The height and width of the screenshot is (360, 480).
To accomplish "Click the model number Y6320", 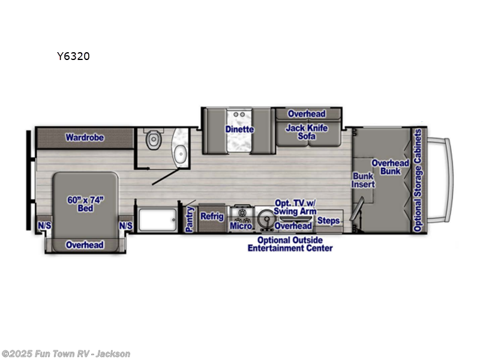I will point(73,56).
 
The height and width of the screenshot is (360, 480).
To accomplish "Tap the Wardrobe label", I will point(85,137).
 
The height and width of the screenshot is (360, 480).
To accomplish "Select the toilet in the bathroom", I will point(154,140).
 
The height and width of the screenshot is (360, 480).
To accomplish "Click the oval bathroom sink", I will point(178,148).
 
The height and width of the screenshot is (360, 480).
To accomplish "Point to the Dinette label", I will point(239,129).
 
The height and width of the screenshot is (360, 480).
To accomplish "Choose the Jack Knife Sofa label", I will point(307,132).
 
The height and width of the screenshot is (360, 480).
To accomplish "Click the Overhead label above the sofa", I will point(306,114).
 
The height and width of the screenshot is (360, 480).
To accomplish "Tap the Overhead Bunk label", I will point(390,167).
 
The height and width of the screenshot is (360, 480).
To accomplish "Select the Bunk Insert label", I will point(363,180).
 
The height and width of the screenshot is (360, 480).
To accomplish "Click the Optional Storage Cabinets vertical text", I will point(418,179).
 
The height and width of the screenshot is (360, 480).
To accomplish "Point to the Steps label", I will point(329,221).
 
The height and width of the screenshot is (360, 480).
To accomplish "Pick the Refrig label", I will point(212,216).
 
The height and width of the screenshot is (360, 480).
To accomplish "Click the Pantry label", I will point(190,220).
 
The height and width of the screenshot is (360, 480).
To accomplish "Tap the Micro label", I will point(240,226).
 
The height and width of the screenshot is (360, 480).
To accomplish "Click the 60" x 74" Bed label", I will point(84,204).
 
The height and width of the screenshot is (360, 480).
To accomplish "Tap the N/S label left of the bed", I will point(44,226).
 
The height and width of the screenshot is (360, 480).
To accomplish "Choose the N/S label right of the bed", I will point(125,226).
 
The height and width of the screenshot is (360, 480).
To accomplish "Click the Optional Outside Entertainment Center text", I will point(290,244).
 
